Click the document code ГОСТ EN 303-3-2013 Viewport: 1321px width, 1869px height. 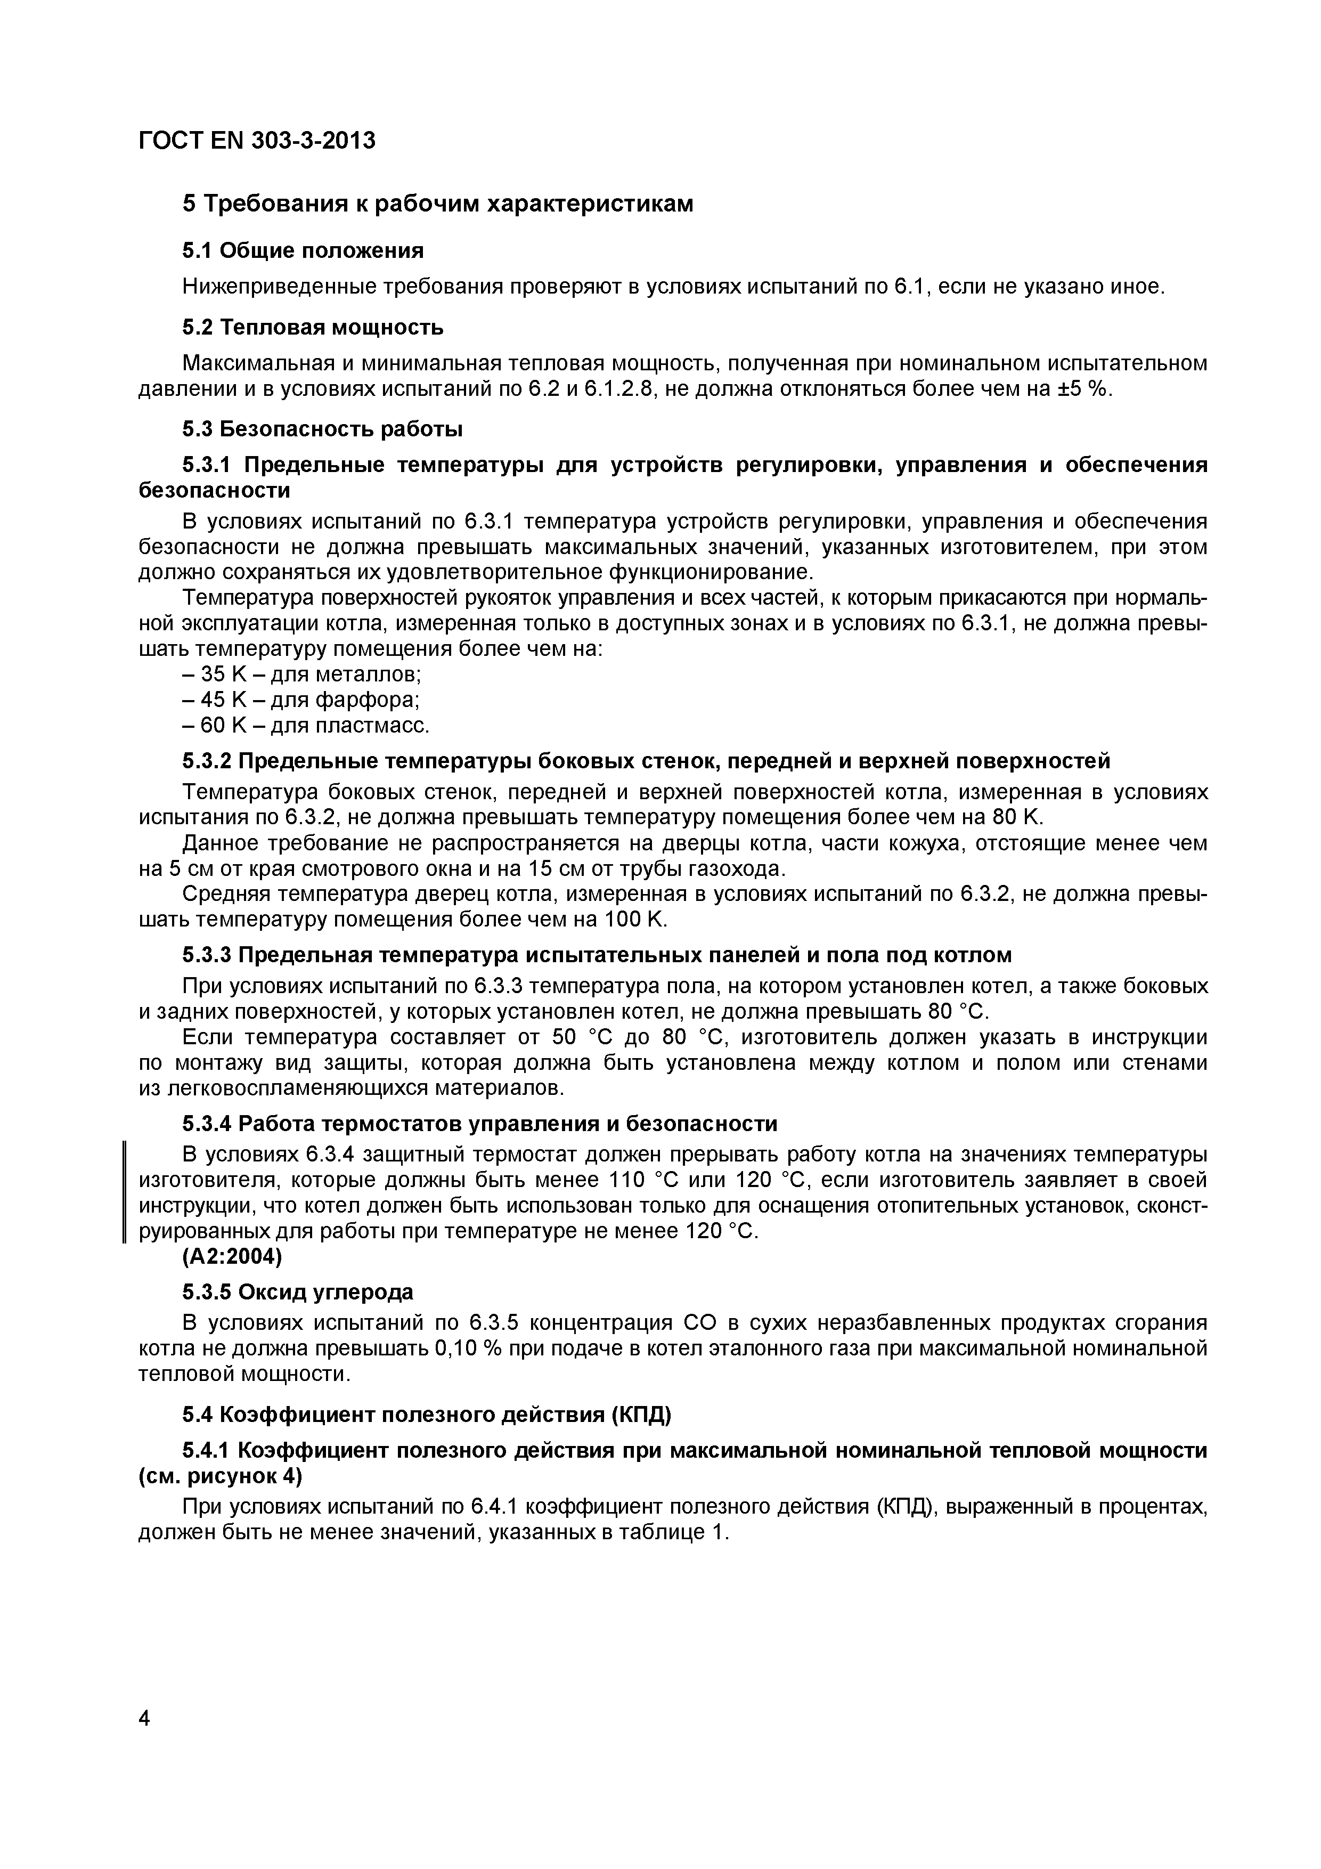[x=257, y=141]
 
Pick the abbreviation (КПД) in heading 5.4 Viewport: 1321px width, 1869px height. [x=641, y=1415]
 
